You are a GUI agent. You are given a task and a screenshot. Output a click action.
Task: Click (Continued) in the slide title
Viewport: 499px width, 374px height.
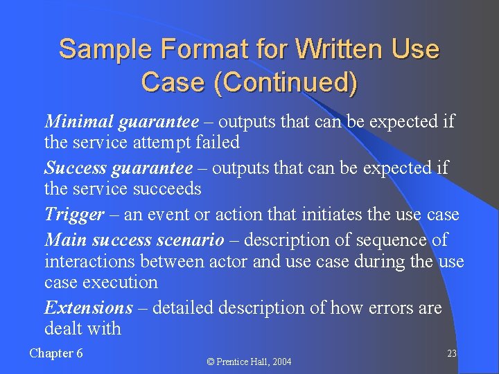(x=286, y=82)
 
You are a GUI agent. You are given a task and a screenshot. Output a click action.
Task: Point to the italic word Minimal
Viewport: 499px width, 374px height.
(x=79, y=122)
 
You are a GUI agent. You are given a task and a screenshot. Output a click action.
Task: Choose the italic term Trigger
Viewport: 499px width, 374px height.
(x=75, y=215)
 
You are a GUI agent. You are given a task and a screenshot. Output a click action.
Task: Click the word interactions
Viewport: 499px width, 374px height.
(x=89, y=262)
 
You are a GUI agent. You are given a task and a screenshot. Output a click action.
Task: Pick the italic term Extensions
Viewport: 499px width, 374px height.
(x=88, y=307)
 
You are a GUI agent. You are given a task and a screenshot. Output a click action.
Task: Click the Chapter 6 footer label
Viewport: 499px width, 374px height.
(x=56, y=353)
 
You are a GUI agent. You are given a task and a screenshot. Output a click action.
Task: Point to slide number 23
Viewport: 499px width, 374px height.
(x=451, y=354)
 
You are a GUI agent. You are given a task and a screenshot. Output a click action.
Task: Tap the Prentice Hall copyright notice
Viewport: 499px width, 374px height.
(x=250, y=362)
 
